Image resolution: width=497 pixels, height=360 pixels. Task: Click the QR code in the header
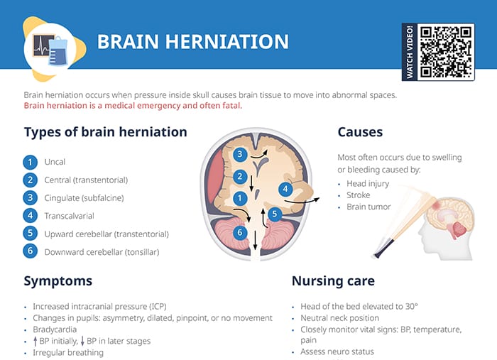click(x=446, y=52)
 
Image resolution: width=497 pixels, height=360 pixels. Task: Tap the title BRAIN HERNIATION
click(x=192, y=41)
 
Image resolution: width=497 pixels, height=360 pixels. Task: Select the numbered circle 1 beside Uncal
click(x=30, y=162)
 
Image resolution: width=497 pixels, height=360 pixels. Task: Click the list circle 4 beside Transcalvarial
click(x=30, y=215)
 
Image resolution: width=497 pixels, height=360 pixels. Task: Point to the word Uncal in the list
click(x=55, y=162)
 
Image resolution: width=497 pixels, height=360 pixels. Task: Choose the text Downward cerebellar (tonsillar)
click(x=102, y=251)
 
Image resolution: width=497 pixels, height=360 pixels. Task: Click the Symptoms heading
click(x=58, y=280)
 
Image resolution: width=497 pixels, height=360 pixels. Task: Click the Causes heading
click(x=360, y=132)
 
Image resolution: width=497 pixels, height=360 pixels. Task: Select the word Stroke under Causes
click(x=358, y=195)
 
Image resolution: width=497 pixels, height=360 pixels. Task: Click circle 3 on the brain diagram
click(x=240, y=154)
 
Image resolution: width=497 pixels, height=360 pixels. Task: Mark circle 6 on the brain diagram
click(x=240, y=232)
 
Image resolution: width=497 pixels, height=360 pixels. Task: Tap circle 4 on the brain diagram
click(x=285, y=189)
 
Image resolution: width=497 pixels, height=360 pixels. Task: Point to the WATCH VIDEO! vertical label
click(x=410, y=52)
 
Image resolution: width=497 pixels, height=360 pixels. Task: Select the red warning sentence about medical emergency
click(x=133, y=107)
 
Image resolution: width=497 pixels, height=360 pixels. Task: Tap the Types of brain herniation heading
click(x=106, y=132)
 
